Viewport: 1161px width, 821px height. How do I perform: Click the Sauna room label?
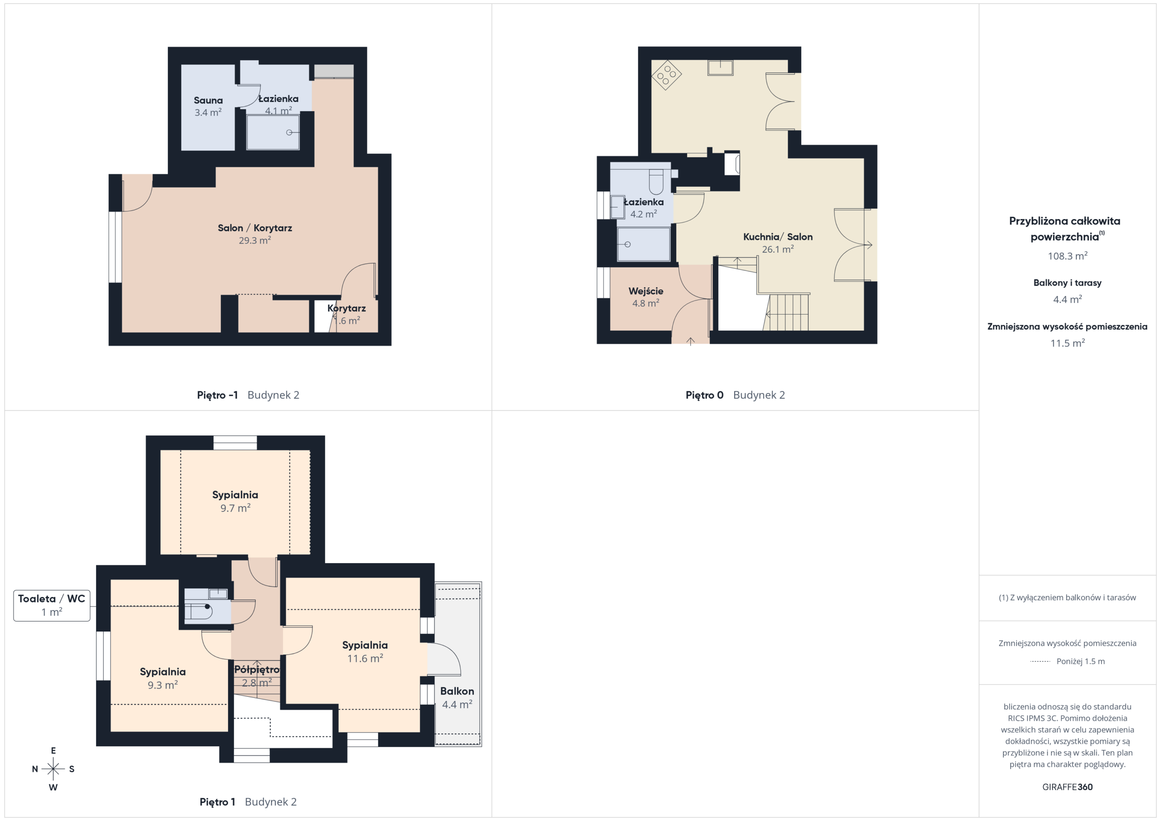click(208, 101)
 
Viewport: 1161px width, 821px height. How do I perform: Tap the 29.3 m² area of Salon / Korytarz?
click(254, 241)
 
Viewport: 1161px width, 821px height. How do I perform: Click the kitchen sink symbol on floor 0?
click(720, 67)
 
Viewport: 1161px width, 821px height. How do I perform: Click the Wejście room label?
click(646, 291)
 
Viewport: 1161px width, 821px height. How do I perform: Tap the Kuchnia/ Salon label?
click(778, 237)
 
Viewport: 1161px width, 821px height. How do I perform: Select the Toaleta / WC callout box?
click(52, 605)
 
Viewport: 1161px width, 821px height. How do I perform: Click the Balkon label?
click(457, 691)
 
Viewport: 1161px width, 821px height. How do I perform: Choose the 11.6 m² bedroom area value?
click(365, 658)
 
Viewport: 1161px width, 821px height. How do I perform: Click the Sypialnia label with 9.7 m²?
click(235, 495)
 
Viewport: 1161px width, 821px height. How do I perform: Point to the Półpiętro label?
click(257, 669)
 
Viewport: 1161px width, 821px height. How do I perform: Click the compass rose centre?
click(53, 769)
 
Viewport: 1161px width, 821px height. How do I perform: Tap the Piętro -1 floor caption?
click(217, 395)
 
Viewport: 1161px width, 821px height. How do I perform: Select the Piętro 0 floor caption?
click(704, 395)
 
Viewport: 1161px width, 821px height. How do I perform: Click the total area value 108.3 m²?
click(1068, 256)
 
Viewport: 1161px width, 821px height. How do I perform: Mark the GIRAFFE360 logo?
click(1068, 787)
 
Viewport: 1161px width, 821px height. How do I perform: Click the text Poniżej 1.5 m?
click(1081, 661)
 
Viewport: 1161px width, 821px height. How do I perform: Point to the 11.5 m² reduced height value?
click(1068, 343)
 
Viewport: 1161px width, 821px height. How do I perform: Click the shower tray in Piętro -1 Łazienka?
click(273, 132)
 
